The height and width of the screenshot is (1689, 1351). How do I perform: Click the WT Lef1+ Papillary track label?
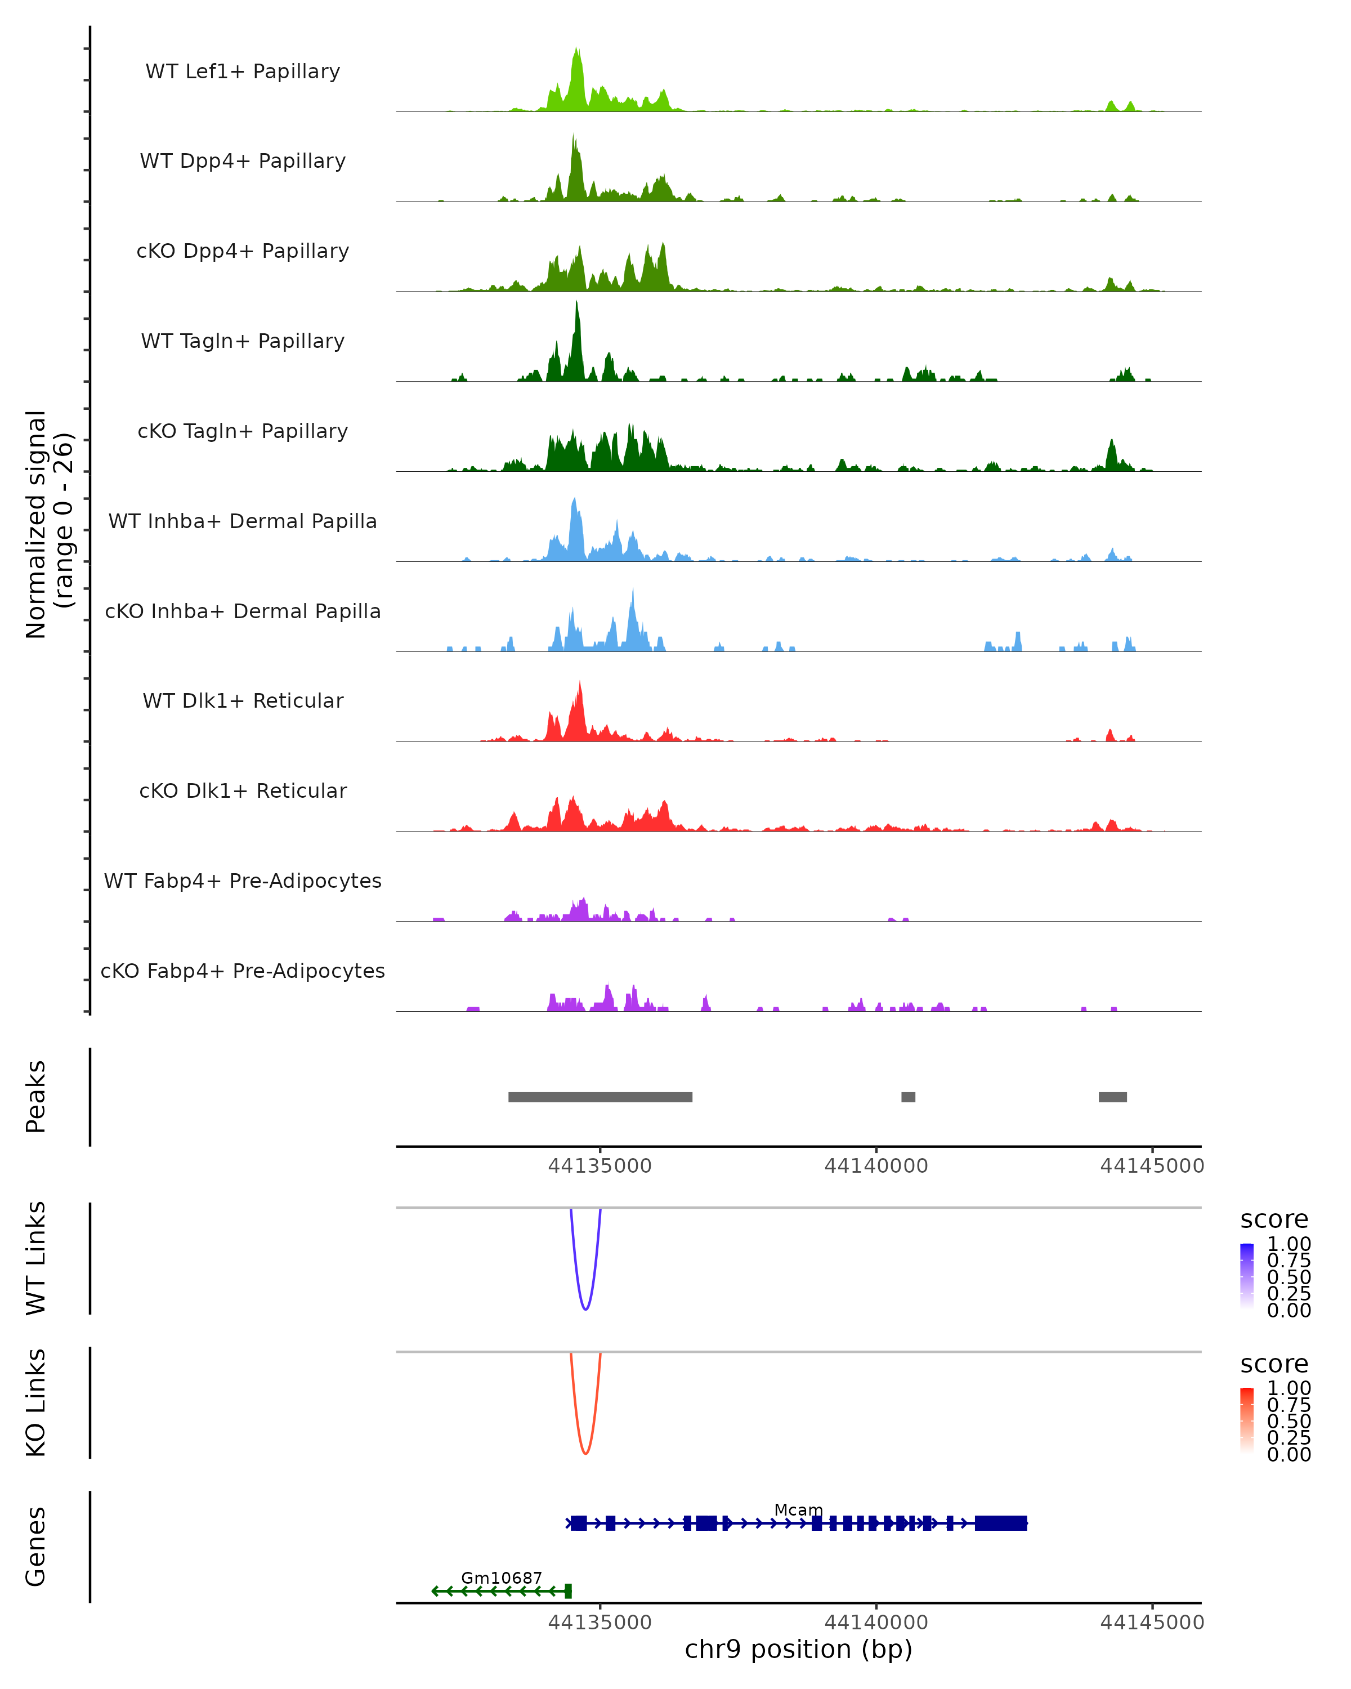[x=243, y=72]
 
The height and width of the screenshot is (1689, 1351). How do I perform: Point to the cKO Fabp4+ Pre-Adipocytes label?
[x=243, y=971]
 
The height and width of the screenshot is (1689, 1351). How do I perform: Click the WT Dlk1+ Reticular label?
[x=243, y=700]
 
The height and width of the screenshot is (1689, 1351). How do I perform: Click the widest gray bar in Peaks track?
[x=600, y=1097]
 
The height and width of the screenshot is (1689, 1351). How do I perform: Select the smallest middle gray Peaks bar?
[x=908, y=1097]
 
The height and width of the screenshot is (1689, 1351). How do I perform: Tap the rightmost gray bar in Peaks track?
[x=1112, y=1097]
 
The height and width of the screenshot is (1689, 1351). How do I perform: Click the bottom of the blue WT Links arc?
[x=585, y=1308]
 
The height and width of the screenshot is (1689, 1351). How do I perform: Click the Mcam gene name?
[x=798, y=1509]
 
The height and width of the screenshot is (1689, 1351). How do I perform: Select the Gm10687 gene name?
[x=501, y=1578]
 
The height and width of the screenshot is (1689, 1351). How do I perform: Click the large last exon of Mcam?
[x=1000, y=1523]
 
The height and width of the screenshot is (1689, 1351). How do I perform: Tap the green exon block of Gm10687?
[x=568, y=1590]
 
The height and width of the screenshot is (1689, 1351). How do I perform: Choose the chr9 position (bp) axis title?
[x=798, y=1649]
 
